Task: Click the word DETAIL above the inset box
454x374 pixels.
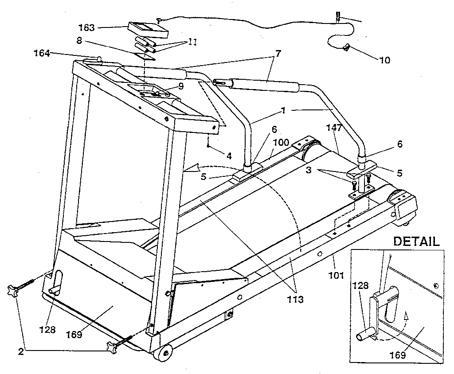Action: pyautogui.click(x=416, y=242)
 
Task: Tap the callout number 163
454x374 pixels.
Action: pyautogui.click(x=86, y=27)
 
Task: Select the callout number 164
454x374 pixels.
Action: pyautogui.click(x=42, y=54)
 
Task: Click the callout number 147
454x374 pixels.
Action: pyautogui.click(x=334, y=128)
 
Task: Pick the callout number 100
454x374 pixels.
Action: pyautogui.click(x=281, y=143)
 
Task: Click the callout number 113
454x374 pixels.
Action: pyautogui.click(x=295, y=300)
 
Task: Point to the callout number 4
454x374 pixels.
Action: pyautogui.click(x=229, y=156)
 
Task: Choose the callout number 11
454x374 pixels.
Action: pyautogui.click(x=192, y=42)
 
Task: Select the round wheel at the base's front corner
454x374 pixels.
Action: pyautogui.click(x=164, y=354)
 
